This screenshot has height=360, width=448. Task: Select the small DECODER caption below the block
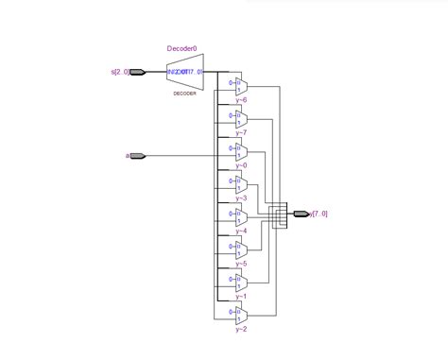pyautogui.click(x=184, y=93)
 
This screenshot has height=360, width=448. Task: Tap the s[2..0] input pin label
pyautogui.click(x=120, y=71)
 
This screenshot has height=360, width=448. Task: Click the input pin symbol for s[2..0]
pyautogui.click(x=138, y=71)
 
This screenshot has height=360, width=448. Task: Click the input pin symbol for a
pyautogui.click(x=138, y=155)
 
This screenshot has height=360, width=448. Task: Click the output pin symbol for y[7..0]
pyautogui.click(x=302, y=214)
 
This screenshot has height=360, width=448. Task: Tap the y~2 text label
pyautogui.click(x=241, y=329)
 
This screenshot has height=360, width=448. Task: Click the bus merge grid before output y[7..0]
pyautogui.click(x=276, y=214)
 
